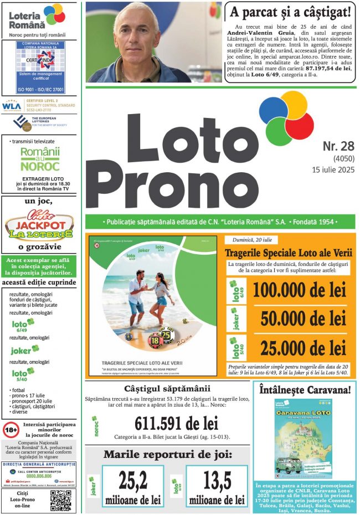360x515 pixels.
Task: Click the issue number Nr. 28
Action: tap(338, 146)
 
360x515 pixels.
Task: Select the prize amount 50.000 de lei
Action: tap(303, 318)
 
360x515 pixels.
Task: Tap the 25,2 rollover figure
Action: tap(133, 481)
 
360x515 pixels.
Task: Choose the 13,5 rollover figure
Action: tap(217, 481)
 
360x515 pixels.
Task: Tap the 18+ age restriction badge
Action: tap(11, 429)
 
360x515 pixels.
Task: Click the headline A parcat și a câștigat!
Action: tap(291, 12)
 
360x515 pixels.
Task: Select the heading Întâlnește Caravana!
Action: tap(305, 390)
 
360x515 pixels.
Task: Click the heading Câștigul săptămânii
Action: tap(167, 388)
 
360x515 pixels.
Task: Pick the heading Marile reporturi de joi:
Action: tap(167, 455)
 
